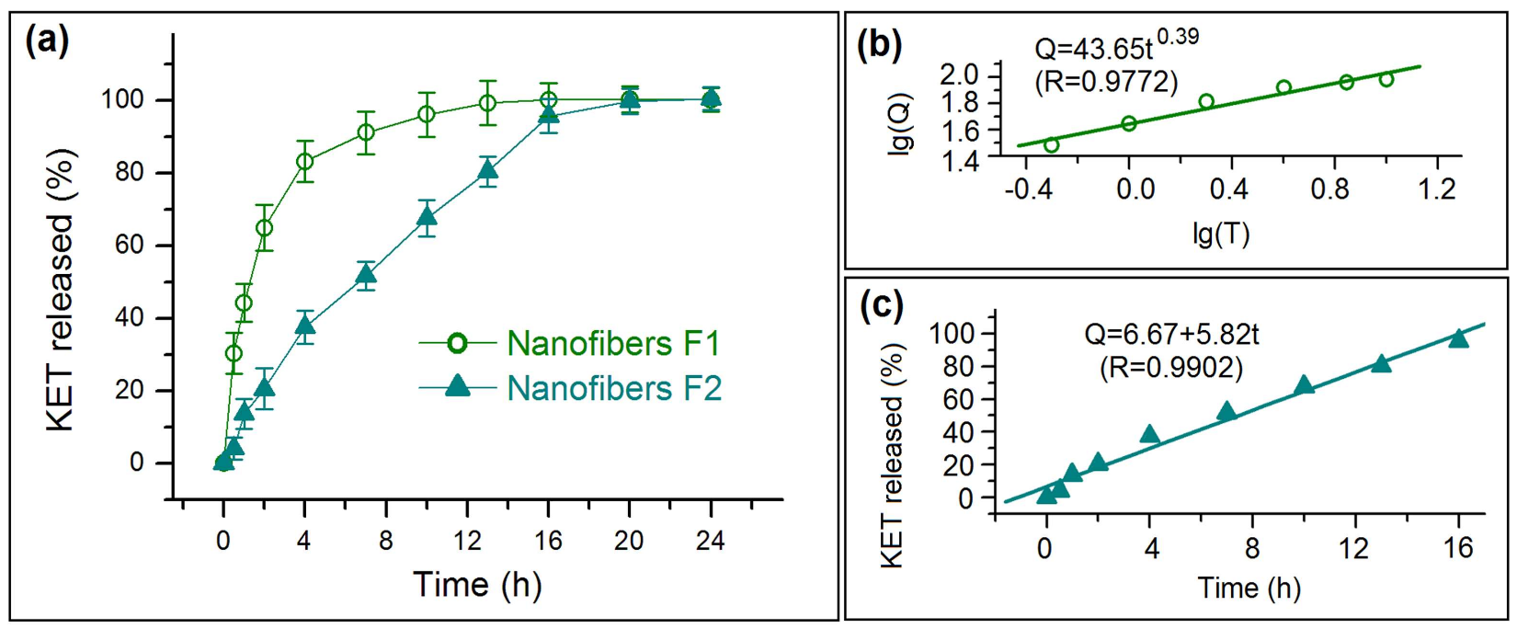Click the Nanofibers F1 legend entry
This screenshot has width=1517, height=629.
570,343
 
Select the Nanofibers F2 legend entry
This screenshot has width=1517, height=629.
570,388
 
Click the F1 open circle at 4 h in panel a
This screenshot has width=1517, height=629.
304,162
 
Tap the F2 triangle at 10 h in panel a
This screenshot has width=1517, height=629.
427,218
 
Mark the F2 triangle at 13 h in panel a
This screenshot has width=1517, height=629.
487,170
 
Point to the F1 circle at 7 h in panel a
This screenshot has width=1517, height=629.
366,132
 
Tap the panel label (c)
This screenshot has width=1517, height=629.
880,304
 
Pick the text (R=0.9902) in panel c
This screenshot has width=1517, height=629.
1171,368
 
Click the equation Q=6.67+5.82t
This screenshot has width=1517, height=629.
1171,334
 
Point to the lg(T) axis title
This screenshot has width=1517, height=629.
1221,235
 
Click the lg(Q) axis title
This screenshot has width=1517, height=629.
902,124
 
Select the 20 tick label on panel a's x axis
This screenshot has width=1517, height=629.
629,541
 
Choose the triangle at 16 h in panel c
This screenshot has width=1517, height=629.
1458,338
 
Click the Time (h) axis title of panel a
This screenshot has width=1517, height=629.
476,585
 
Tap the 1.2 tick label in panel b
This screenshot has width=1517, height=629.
1437,189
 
